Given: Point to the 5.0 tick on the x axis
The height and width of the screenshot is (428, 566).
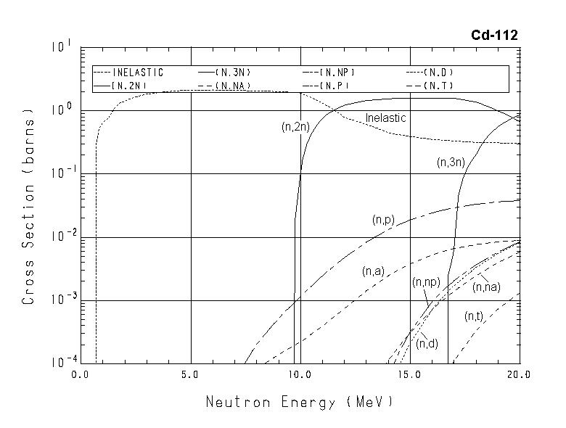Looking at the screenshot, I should pyautogui.click(x=190, y=375).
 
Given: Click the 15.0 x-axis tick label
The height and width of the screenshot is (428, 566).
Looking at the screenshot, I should pyautogui.click(x=409, y=375).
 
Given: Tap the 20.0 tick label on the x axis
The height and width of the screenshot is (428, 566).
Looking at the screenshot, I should pyautogui.click(x=519, y=375).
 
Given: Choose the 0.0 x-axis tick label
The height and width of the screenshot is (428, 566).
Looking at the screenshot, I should pyautogui.click(x=80, y=375).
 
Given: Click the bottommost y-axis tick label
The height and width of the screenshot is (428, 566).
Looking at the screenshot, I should pyautogui.click(x=61, y=361).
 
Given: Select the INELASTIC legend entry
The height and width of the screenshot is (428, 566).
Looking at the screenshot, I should pyautogui.click(x=129, y=73).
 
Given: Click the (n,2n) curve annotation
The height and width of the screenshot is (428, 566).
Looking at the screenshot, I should pyautogui.click(x=296, y=127).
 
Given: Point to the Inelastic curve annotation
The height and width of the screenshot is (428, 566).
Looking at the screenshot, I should pyautogui.click(x=385, y=118).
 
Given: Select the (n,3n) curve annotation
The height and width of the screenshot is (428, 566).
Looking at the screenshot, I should pyautogui.click(x=451, y=163).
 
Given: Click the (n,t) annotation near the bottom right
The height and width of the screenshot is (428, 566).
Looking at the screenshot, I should pyautogui.click(x=474, y=316).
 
